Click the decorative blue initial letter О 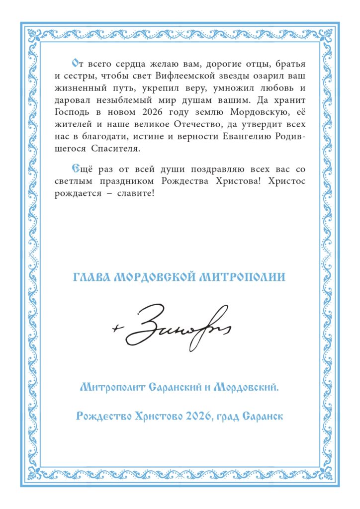tap(75, 64)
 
